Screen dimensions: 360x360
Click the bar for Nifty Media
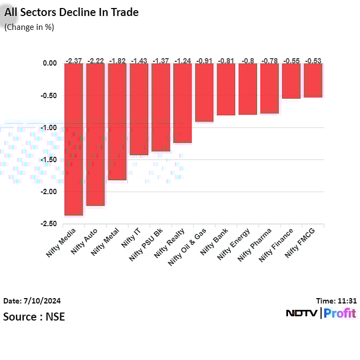click(x=74, y=139)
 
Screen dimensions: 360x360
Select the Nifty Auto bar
click(x=95, y=134)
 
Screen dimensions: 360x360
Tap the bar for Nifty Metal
click(x=117, y=121)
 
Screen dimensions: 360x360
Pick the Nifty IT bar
click(x=139, y=109)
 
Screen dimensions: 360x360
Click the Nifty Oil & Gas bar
click(x=204, y=92)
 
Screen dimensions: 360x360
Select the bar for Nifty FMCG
click(x=313, y=80)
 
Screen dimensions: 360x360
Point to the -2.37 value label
click(x=74, y=60)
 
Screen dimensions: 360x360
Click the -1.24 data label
click(x=182, y=60)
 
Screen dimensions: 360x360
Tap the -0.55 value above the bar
click(x=291, y=60)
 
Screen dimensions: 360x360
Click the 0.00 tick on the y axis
click(x=49, y=63)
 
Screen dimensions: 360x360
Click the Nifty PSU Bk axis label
click(x=147, y=244)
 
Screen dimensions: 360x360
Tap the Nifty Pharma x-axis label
click(x=255, y=244)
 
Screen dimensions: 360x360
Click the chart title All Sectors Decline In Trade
click(x=71, y=12)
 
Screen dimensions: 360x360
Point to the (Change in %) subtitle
click(x=29, y=27)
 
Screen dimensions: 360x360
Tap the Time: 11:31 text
click(x=337, y=301)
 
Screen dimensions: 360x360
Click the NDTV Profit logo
click(x=321, y=314)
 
